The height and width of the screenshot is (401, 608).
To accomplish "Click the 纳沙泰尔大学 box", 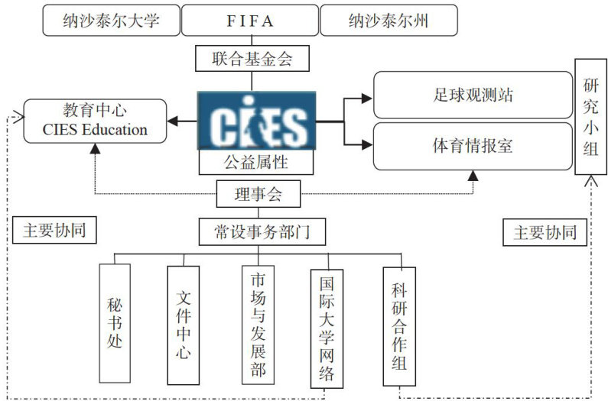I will click(110, 21).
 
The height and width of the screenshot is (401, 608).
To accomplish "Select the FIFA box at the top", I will click(249, 21).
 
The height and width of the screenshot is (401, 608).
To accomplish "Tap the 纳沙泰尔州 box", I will click(389, 21).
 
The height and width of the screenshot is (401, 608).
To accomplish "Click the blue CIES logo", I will click(256, 121).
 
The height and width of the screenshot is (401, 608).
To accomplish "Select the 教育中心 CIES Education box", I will click(95, 120).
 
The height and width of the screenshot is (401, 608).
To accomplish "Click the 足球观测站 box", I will click(472, 95).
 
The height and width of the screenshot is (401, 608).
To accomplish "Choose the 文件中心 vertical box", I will click(183, 324).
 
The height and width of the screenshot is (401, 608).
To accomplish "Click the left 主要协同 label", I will click(54, 231).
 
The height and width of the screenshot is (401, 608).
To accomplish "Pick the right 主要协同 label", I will click(545, 232).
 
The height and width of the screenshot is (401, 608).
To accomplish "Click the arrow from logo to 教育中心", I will click(184, 121).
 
